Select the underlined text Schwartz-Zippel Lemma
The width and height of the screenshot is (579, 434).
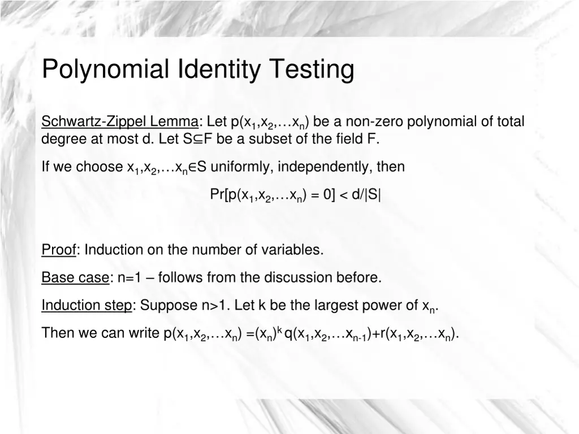(x=120, y=121)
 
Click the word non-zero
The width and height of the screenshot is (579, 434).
(x=374, y=121)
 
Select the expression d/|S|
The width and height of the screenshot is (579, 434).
(x=366, y=195)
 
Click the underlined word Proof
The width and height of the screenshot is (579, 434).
(x=59, y=250)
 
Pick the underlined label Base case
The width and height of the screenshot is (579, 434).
(x=75, y=277)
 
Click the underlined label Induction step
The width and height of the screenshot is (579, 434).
(x=87, y=306)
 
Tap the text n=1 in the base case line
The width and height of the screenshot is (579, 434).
(x=133, y=277)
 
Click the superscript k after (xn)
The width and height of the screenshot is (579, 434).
(x=279, y=329)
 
